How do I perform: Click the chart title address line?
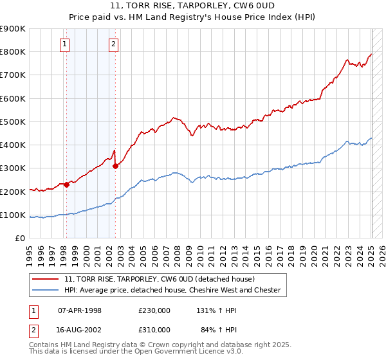192,7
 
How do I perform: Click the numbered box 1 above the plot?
66,44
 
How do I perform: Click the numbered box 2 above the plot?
113,44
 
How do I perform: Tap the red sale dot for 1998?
66,184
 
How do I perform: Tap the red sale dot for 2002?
115,166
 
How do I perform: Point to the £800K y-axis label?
13,52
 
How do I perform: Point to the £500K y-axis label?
13,122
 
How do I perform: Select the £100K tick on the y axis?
13,215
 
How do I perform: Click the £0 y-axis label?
20,238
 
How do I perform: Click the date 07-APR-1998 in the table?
80,310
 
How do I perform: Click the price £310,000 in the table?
154,329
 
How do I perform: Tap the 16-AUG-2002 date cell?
80,329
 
